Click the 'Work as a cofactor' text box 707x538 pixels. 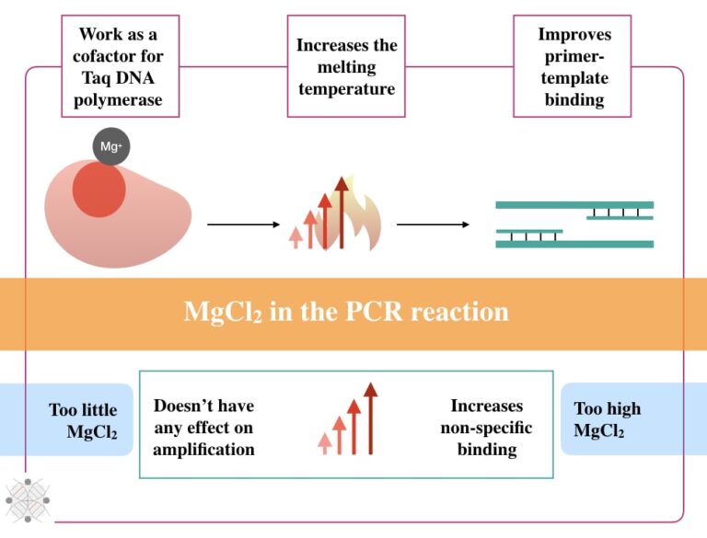point(120,66)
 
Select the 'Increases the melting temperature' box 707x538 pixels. point(346,66)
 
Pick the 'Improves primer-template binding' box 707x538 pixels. point(573,66)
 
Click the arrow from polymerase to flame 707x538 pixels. point(242,224)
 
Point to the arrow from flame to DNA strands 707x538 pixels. point(433,224)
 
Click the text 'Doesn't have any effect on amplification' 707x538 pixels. point(203,428)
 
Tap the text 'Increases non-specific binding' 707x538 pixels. point(486,428)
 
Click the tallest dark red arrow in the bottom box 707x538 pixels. point(370,418)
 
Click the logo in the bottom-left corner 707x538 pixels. point(27,500)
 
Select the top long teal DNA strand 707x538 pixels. point(574,205)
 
